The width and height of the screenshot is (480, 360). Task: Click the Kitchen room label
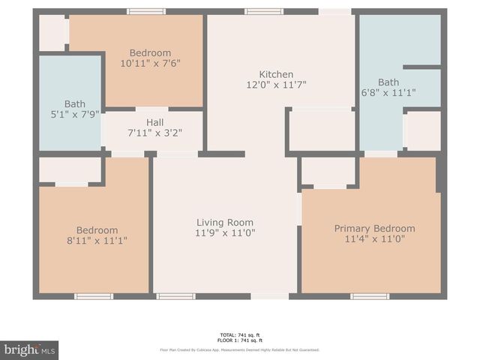[276, 74]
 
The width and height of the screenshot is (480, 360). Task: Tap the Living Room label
[225, 223]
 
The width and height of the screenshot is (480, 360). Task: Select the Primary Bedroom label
[374, 229]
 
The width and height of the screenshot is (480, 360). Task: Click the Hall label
[155, 122]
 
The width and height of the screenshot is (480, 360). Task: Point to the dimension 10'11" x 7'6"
[150, 64]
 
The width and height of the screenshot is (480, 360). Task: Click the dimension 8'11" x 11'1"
[97, 241]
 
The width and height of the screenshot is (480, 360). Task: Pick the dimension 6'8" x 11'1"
[388, 93]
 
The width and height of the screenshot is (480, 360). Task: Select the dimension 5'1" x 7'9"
[75, 115]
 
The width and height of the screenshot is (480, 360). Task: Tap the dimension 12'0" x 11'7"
[276, 85]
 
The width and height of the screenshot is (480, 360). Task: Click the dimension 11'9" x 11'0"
[225, 233]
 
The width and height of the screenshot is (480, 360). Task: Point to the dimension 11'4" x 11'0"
[374, 239]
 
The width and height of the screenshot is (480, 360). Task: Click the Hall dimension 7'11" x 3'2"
[155, 133]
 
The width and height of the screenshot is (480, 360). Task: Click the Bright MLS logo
[29, 349]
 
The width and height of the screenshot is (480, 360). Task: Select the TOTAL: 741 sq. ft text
[240, 335]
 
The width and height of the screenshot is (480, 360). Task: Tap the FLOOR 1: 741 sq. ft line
[240, 340]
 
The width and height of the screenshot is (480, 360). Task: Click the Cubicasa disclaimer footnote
[240, 349]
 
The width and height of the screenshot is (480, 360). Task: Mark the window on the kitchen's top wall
[264, 11]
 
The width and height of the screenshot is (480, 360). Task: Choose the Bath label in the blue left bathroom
[75, 104]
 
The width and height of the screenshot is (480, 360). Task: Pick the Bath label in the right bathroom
[388, 82]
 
